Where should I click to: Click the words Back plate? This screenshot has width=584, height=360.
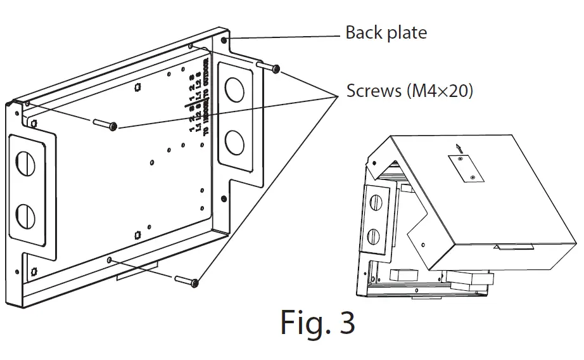pos(386,32)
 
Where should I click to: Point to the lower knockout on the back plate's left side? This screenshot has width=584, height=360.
pos(27,216)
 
